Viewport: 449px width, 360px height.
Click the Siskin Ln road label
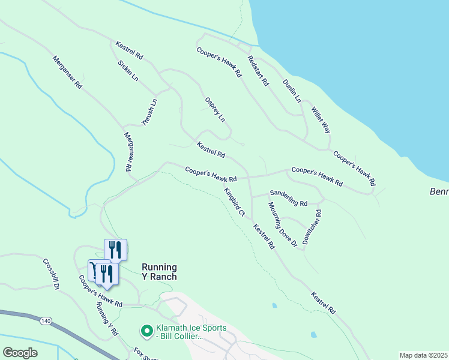pyautogui.click(x=128, y=70)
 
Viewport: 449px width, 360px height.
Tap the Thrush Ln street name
pyautogui.click(x=149, y=112)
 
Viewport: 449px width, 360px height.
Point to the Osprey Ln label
pyautogui.click(x=214, y=109)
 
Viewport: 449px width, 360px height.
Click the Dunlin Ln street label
pyautogui.click(x=292, y=90)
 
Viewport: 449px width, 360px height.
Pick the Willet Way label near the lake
pyautogui.click(x=321, y=120)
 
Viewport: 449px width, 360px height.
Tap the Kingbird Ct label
pyautogui.click(x=234, y=202)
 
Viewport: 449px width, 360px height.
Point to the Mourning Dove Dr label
pyautogui.click(x=283, y=224)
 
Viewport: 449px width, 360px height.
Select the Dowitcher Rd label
pyautogui.click(x=312, y=226)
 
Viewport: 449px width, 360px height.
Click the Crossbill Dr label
pyautogui.click(x=51, y=274)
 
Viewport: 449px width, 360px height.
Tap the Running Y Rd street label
pyautogui.click(x=107, y=319)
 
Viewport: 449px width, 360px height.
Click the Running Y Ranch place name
pyautogui.click(x=159, y=272)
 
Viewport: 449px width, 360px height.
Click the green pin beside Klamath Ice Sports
pyautogui.click(x=146, y=331)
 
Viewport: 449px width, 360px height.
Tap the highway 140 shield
pyautogui.click(x=46, y=321)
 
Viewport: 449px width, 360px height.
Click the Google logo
pyautogui.click(x=20, y=353)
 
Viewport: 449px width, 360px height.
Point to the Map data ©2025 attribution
pyautogui.click(x=423, y=355)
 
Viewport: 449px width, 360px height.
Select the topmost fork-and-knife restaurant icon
pyautogui.click(x=115, y=250)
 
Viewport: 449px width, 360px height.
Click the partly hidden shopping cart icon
pyautogui.click(x=91, y=268)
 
